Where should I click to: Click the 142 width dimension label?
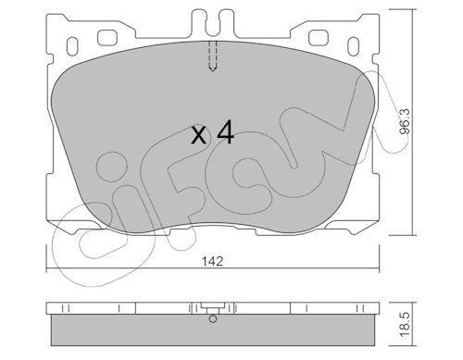[x=212, y=262]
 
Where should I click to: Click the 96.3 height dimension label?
[x=405, y=121]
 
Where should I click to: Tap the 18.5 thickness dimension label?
[x=405, y=324]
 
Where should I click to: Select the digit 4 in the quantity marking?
[x=225, y=131]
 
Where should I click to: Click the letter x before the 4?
[x=198, y=135]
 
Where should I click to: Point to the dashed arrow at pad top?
[x=213, y=56]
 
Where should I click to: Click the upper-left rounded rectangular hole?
[x=107, y=38]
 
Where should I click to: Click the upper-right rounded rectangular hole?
[x=319, y=38]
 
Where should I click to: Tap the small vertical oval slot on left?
[x=72, y=46]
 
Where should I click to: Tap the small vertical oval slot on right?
[x=354, y=46]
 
